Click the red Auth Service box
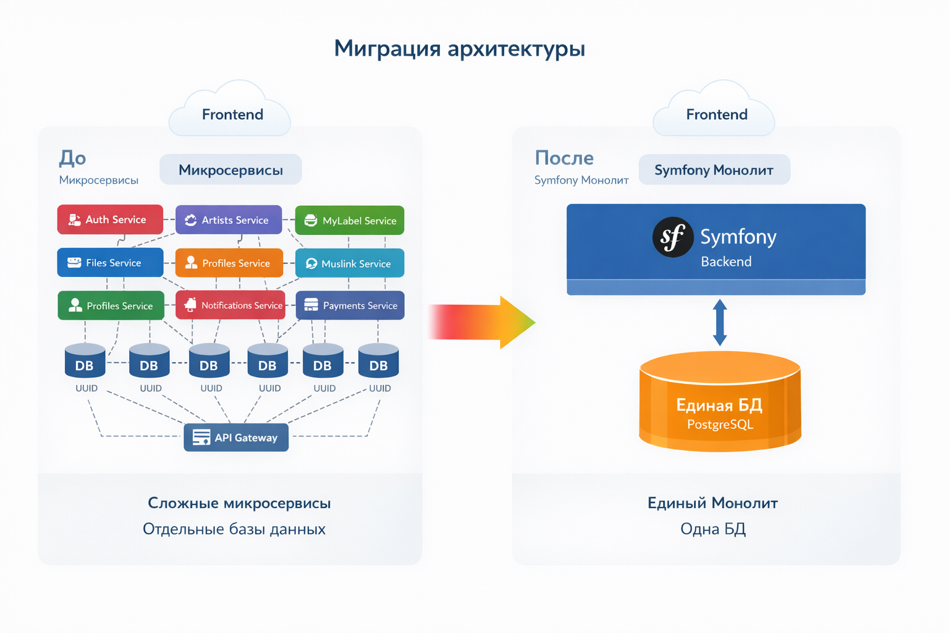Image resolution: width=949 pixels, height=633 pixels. coord(110,219)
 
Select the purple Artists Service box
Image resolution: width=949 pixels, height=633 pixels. coord(229,220)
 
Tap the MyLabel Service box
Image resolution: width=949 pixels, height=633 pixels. coord(350,221)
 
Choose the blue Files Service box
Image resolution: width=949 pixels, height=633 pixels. coord(110,263)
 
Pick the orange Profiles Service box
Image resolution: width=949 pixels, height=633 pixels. coord(229,263)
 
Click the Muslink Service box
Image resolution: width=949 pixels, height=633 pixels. coord(350,263)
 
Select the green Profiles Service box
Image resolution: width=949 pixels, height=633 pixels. coord(111,305)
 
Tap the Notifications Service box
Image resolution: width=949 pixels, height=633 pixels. coord(230,305)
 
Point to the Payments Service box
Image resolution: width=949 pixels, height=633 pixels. coord(350,305)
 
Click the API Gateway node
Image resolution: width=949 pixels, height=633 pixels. coord(236,438)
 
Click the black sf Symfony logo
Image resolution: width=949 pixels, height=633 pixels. coord(672,237)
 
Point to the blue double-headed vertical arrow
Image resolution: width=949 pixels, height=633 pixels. coord(720,322)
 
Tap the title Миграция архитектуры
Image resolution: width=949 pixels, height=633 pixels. coord(459,48)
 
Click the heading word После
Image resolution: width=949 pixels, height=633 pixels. coord(564,158)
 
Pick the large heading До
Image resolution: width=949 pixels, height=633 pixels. coord(72,158)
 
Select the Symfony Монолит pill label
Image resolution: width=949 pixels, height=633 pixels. coord(714,170)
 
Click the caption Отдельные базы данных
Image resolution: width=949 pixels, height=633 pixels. coord(234,529)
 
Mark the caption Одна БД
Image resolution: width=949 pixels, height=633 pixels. coord(713,529)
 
